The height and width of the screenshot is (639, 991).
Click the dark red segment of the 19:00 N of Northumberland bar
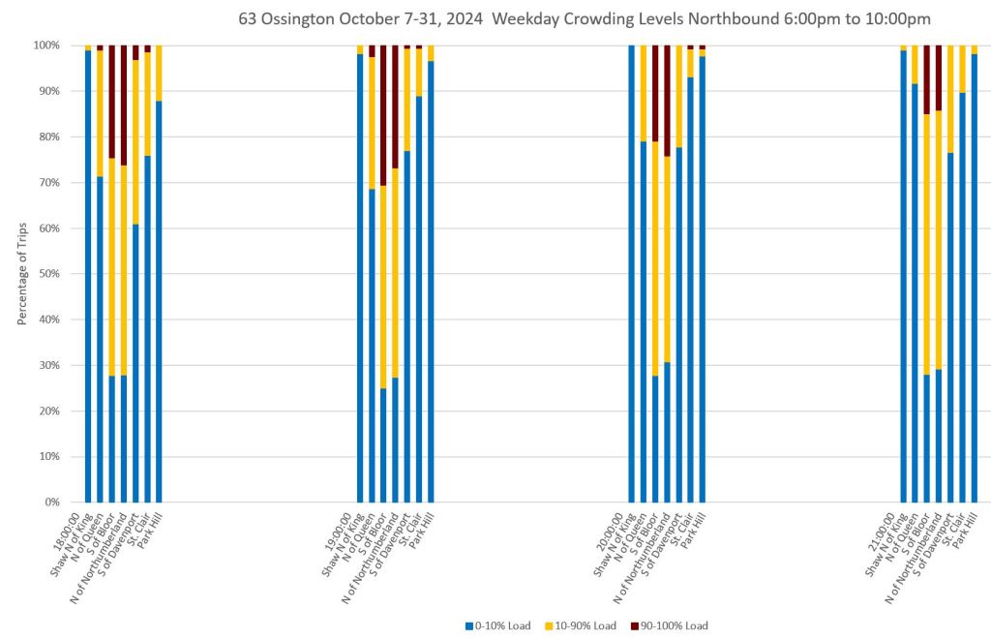[x=396, y=106]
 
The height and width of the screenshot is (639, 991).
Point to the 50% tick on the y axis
[x=48, y=274]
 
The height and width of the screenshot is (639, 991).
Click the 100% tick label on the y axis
[x=45, y=46]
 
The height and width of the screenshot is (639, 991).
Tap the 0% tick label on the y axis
[x=51, y=502]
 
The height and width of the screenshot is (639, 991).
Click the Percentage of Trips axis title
[x=22, y=273]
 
